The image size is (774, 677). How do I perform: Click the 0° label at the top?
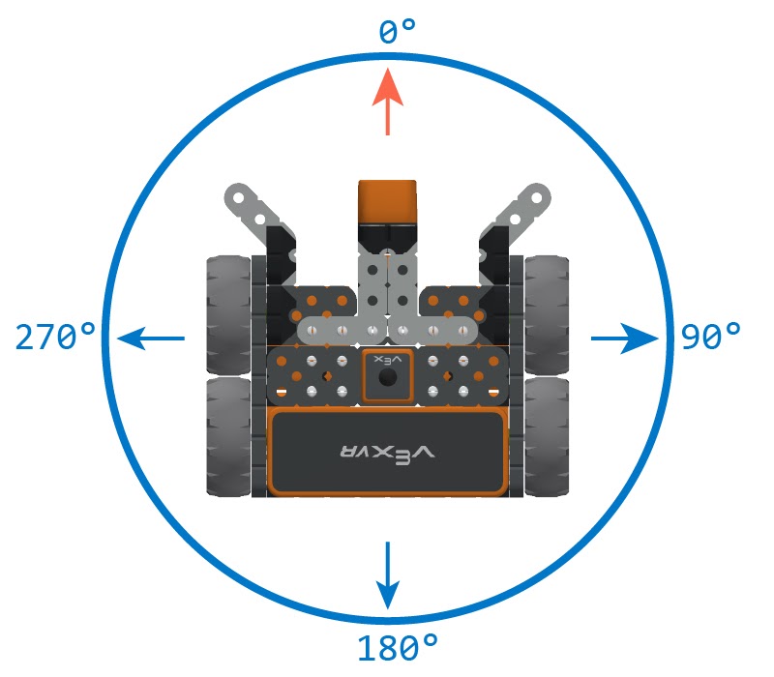pyautogui.click(x=397, y=32)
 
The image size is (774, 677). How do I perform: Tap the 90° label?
pyautogui.click(x=710, y=338)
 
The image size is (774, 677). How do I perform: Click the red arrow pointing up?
pyautogui.click(x=388, y=101)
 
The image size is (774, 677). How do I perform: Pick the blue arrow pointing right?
pyautogui.click(x=625, y=338)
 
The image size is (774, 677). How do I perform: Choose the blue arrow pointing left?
pyautogui.click(x=151, y=338)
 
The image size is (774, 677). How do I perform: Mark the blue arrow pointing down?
pyautogui.click(x=388, y=575)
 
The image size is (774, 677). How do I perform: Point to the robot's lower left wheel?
pyautogui.click(x=229, y=435)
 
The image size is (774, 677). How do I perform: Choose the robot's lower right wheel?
pyautogui.click(x=547, y=435)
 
